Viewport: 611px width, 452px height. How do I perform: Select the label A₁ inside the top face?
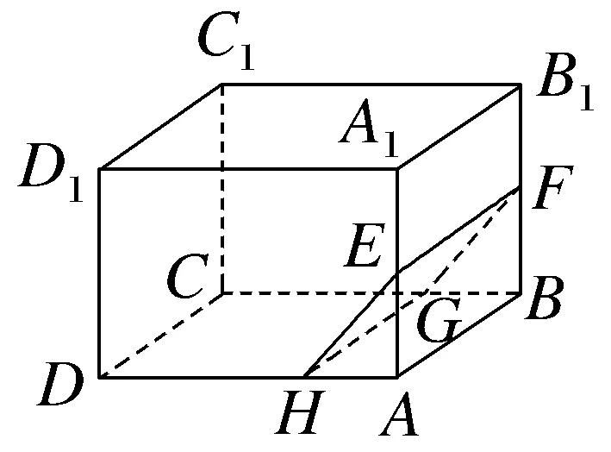[369, 129]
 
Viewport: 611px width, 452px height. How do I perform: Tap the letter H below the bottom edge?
[296, 416]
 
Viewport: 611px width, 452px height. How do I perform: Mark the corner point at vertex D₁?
[100, 169]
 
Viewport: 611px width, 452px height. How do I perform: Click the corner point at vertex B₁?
[521, 85]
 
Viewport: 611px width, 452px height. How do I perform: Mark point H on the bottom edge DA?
[304, 377]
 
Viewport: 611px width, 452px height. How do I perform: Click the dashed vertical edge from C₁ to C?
[223, 190]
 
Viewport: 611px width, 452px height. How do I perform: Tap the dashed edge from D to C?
[161, 335]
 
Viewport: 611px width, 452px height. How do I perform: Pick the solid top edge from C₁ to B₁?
[371, 85]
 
